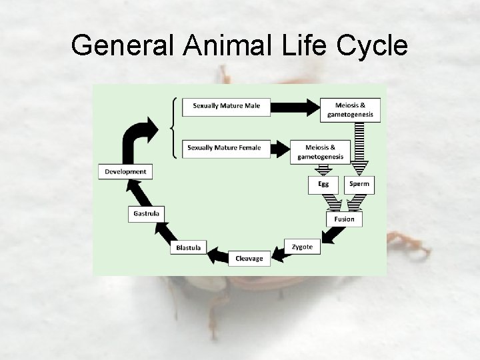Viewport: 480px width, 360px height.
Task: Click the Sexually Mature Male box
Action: pyautogui.click(x=226, y=106)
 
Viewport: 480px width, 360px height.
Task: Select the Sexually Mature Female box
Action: pyautogui.click(x=226, y=147)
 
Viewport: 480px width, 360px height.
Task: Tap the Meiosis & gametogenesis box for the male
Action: pyautogui.click(x=351, y=109)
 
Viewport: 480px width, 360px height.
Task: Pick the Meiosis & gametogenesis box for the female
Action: pyautogui.click(x=321, y=152)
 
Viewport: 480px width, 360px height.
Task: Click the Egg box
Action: pyautogui.click(x=323, y=185)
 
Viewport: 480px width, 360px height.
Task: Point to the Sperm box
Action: pyautogui.click(x=359, y=185)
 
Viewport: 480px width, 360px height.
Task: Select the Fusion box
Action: pyautogui.click(x=344, y=219)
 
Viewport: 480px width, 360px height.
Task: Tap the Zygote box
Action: pyautogui.click(x=302, y=247)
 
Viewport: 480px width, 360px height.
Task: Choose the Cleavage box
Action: pyautogui.click(x=249, y=258)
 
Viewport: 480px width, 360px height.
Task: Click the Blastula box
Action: pyautogui.click(x=189, y=247)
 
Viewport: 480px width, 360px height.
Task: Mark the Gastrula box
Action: pyautogui.click(x=146, y=213)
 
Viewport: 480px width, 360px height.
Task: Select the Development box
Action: pyautogui.click(x=125, y=171)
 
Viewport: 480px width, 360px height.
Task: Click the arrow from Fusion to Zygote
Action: pyautogui.click(x=331, y=235)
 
